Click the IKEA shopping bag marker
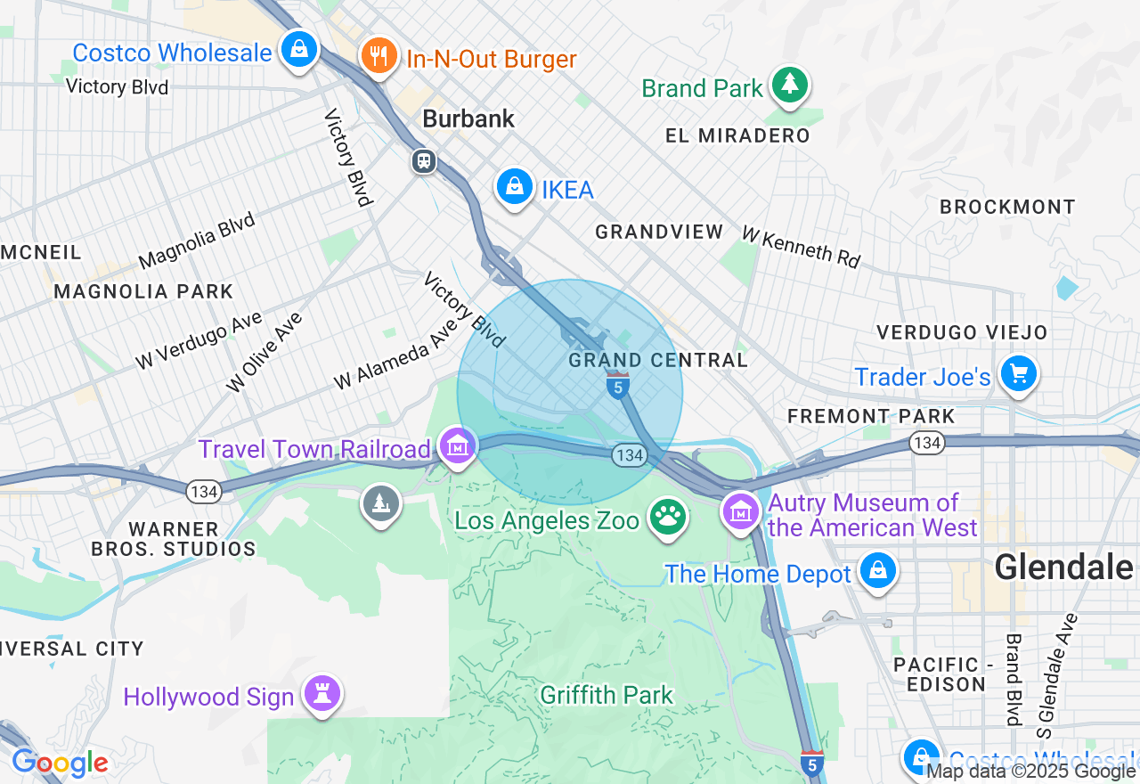[x=515, y=187]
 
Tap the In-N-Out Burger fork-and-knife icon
[x=379, y=57]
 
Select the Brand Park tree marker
[x=789, y=86]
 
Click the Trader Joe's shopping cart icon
[x=1019, y=374]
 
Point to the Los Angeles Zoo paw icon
[x=668, y=518]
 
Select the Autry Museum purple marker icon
[x=741, y=512]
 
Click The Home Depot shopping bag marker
[x=878, y=571]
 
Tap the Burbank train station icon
[x=423, y=160]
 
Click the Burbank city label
[x=468, y=118]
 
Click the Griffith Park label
[x=607, y=694]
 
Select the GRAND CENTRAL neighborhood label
[x=658, y=360]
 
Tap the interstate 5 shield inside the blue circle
[x=618, y=387]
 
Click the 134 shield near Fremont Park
[x=927, y=442]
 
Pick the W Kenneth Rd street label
[x=801, y=247]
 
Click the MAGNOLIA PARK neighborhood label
[x=143, y=291]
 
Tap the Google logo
[x=60, y=763]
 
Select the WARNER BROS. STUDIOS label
[x=174, y=539]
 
